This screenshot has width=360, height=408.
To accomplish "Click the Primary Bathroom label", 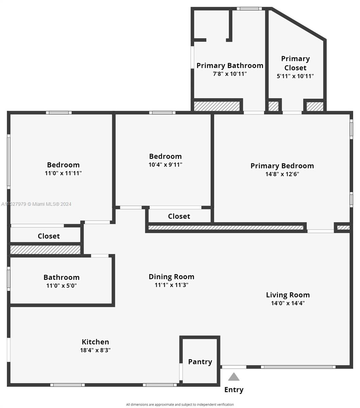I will (x=230, y=66).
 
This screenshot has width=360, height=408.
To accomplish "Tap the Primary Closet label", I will (x=295, y=63).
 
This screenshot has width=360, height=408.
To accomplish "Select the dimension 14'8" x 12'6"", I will (x=282, y=174).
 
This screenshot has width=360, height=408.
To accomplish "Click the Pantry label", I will (x=200, y=362).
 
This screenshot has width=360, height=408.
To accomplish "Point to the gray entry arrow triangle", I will (x=234, y=377).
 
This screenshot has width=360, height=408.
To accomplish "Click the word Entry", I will (x=234, y=390).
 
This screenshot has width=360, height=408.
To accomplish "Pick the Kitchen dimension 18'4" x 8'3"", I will (x=95, y=350).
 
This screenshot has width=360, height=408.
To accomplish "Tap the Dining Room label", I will (x=171, y=277).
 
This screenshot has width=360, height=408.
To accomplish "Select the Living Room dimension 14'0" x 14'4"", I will (x=288, y=303).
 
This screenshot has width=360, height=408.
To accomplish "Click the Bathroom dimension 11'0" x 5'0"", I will (x=62, y=286).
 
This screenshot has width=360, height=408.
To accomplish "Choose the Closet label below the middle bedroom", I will (x=179, y=216).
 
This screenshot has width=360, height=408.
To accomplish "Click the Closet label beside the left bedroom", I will (x=49, y=236).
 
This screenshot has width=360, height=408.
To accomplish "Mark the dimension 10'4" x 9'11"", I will (x=166, y=165).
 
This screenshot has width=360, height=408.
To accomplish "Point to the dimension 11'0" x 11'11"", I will (x=63, y=173).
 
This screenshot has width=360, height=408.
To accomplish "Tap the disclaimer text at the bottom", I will (x=180, y=405).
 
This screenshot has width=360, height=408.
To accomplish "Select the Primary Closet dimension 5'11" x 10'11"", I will (x=295, y=76).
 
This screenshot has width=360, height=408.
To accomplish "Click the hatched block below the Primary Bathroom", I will (x=217, y=106).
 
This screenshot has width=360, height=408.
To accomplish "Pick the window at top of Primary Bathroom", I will (x=249, y=8).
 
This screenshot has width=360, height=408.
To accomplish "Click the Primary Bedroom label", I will (x=282, y=166).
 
